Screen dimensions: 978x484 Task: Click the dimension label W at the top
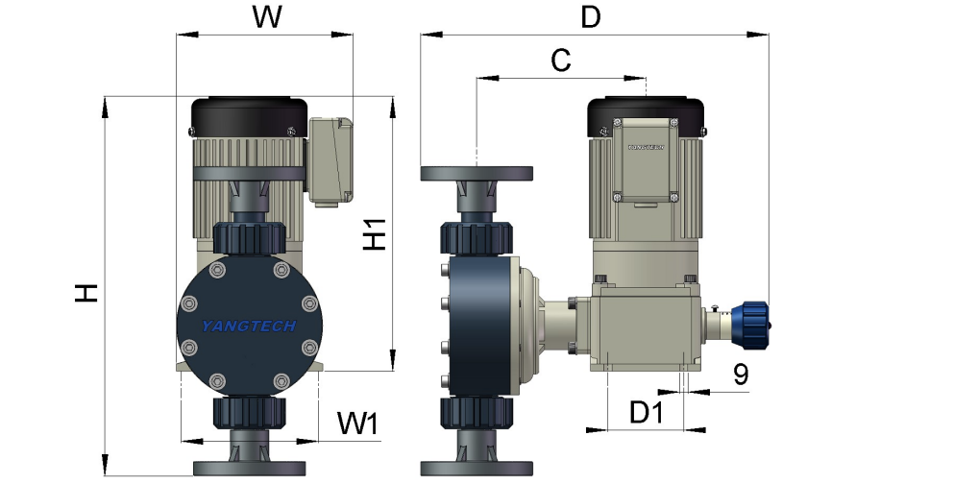click(x=266, y=17)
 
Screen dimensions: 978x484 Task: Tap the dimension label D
click(x=590, y=17)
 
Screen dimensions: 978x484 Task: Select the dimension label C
click(x=561, y=60)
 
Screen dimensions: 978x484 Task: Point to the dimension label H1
click(x=375, y=234)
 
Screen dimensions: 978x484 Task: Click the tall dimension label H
click(x=86, y=293)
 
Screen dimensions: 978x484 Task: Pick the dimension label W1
click(x=358, y=423)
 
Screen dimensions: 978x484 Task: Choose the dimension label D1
click(x=646, y=412)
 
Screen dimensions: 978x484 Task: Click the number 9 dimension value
click(x=741, y=375)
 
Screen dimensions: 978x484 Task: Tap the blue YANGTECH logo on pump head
click(x=249, y=327)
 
